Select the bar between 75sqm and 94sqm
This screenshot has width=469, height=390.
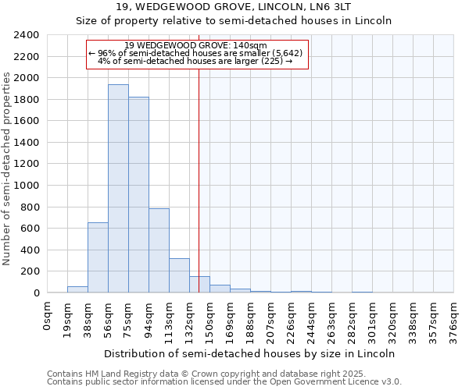(138, 195)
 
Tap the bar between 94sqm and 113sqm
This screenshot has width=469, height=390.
(159, 250)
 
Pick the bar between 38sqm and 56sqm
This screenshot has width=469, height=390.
(98, 257)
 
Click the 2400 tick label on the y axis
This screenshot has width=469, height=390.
(27, 35)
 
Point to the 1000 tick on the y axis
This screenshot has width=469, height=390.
(27, 186)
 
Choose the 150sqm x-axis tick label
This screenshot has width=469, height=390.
(210, 320)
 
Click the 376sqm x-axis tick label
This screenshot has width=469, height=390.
(454, 320)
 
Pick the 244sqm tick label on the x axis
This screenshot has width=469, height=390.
(312, 320)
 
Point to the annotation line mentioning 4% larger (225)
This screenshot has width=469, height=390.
(195, 61)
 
